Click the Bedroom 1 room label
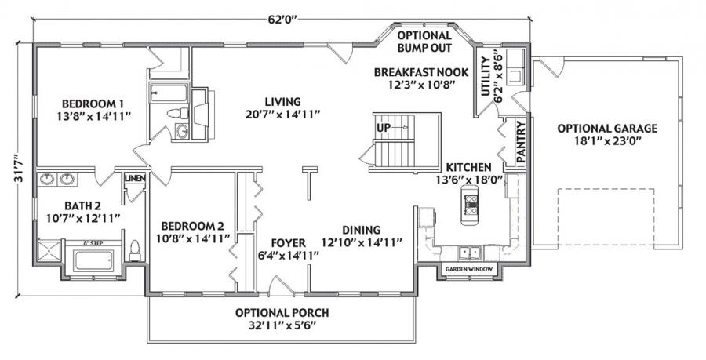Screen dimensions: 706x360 pos(93,104)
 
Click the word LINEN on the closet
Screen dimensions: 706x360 pos(135,178)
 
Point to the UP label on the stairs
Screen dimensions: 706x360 pos(384,128)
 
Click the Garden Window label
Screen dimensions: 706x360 pos(469,269)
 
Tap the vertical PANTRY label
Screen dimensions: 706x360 pos(521,142)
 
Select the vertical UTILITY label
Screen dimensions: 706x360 pos(486,76)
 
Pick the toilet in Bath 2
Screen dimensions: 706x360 pos(135,252)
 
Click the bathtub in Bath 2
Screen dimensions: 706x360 pos(93,260)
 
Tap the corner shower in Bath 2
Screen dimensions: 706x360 pos(49,251)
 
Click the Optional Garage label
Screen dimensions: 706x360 pos(607,129)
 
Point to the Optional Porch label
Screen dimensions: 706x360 pos(282,313)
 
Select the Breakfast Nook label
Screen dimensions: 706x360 pos(421,72)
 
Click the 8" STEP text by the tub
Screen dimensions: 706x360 pos(93,243)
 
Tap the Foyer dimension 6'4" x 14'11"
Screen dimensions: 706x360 pos(288,256)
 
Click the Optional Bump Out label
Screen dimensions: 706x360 pos(424,42)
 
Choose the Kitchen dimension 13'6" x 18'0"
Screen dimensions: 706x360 pos(469,180)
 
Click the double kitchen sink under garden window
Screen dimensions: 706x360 pos(470,253)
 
